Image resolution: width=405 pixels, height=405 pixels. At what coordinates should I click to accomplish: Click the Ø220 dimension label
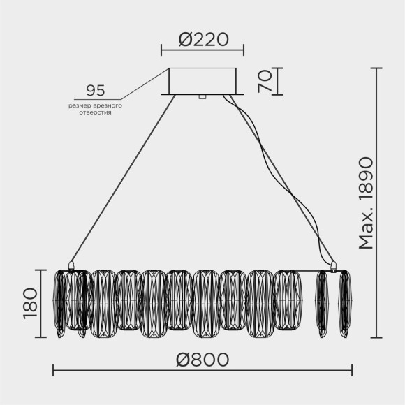(202, 39)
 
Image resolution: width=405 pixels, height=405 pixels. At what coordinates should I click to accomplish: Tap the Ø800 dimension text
(202, 360)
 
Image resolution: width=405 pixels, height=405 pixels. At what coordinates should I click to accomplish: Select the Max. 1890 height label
(366, 202)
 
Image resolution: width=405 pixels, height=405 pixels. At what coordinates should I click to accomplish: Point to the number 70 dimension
(263, 81)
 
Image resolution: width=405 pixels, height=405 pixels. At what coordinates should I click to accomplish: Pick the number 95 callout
(96, 91)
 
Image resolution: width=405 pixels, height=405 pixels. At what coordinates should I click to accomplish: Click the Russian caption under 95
(96, 108)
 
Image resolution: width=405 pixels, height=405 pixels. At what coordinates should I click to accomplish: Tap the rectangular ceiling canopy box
(202, 80)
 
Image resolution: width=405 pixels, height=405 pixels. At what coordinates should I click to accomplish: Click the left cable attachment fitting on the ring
(71, 265)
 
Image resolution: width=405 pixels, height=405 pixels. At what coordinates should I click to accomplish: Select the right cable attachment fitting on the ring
(333, 265)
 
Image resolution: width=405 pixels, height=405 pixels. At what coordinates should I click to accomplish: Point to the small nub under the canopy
(202, 97)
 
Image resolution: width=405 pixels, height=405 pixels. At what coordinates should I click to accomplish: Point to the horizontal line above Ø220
(202, 50)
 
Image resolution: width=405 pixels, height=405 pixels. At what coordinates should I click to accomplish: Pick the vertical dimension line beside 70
(278, 81)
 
